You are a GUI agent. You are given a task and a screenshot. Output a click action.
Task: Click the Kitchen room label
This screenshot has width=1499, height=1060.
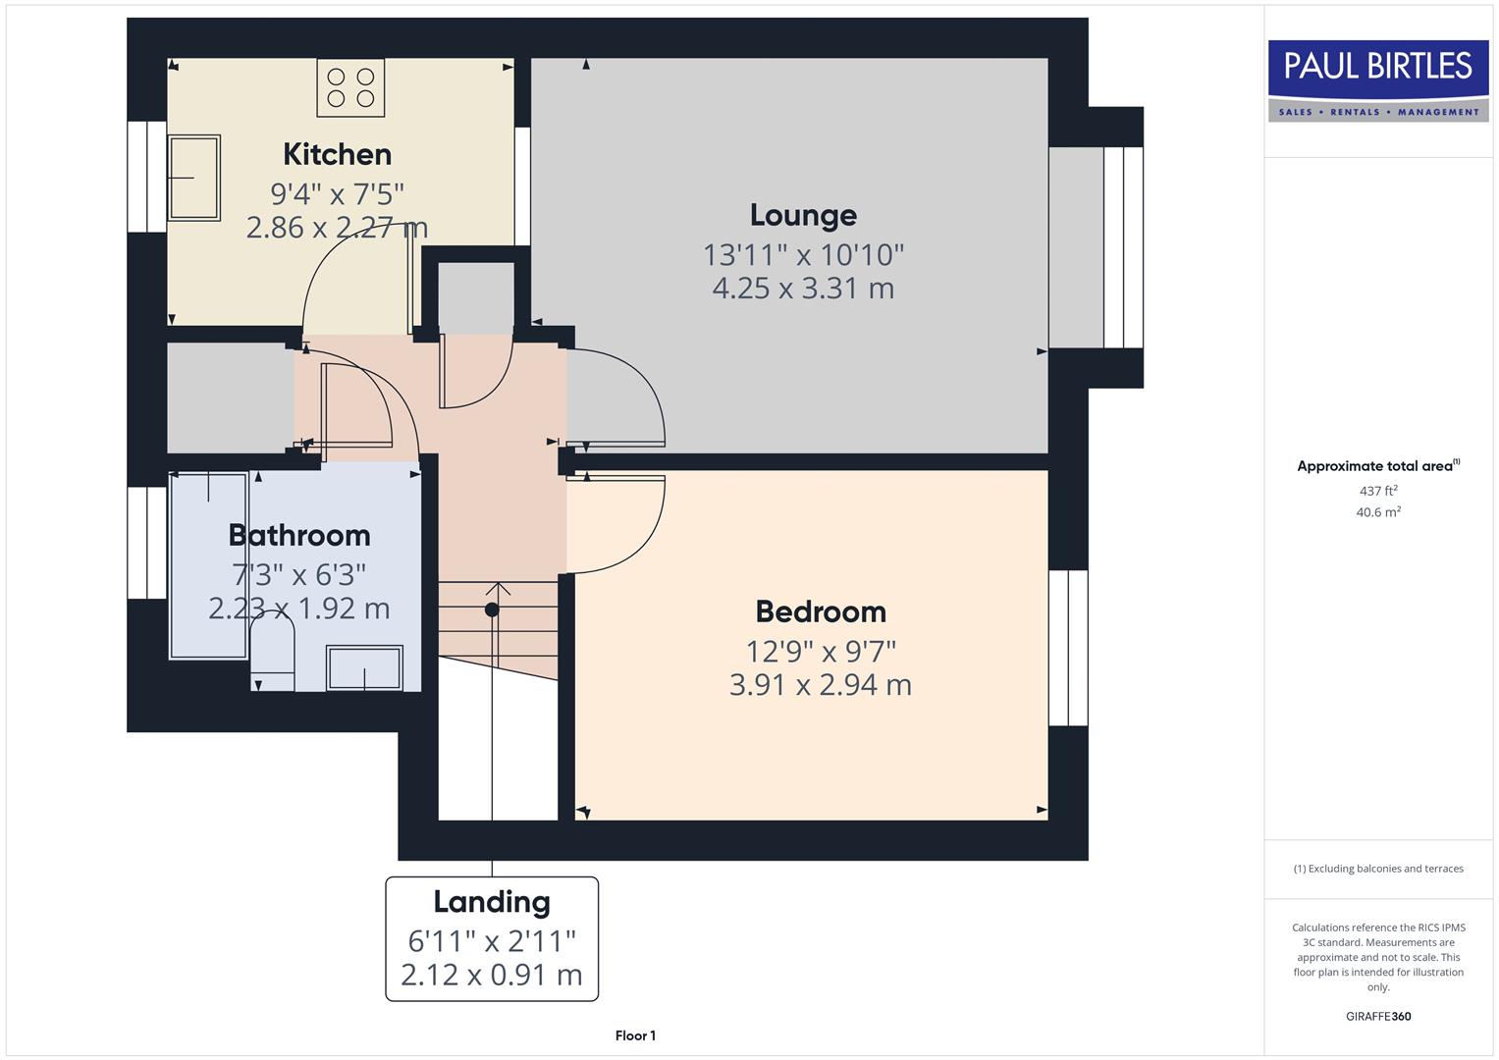tap(337, 154)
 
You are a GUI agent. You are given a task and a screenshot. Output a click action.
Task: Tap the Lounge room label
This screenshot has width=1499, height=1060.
tap(803, 215)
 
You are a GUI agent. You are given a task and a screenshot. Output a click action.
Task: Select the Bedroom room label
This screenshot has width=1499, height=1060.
tap(821, 611)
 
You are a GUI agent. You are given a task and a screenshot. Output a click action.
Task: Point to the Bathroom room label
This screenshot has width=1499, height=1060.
tap(299, 535)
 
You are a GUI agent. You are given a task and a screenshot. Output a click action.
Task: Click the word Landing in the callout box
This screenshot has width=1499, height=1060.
tap(492, 902)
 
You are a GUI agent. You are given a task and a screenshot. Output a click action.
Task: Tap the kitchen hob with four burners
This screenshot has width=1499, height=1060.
tap(350, 87)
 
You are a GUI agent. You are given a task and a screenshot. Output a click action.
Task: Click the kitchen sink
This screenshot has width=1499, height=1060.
tap(194, 178)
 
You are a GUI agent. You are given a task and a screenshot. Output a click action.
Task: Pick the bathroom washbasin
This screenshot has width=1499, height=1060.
tap(364, 667)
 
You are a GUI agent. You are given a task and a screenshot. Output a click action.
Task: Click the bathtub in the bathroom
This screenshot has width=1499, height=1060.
tap(208, 565)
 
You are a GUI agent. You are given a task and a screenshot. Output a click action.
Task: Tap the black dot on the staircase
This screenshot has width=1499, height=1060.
tap(492, 609)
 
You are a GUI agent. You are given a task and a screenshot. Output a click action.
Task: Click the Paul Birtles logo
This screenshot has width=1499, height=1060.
tap(1378, 79)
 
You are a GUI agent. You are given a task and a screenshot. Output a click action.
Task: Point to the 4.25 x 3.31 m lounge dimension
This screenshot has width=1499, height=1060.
tap(803, 289)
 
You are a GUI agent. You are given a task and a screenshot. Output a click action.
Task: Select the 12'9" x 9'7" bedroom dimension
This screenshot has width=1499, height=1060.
tap(821, 651)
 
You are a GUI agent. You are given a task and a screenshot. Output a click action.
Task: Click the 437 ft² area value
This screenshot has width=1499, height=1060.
tap(1378, 491)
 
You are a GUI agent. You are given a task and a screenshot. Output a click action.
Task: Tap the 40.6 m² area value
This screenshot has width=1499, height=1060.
tap(1378, 512)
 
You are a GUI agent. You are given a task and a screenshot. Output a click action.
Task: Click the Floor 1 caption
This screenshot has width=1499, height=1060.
tap(635, 1035)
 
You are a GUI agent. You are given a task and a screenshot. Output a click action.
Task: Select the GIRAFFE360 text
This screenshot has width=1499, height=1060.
tap(1378, 1016)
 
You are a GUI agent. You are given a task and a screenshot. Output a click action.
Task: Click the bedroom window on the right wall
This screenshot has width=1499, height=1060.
tap(1068, 648)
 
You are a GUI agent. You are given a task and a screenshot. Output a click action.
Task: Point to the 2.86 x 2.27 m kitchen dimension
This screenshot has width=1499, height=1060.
tap(337, 228)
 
